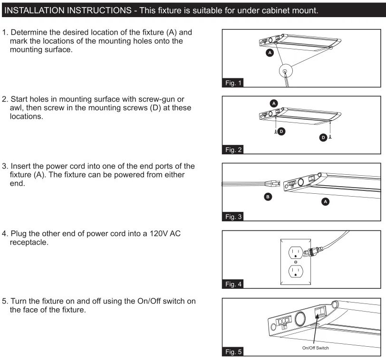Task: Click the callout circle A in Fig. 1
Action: click(x=270, y=54)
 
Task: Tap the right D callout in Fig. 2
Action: click(x=324, y=137)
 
